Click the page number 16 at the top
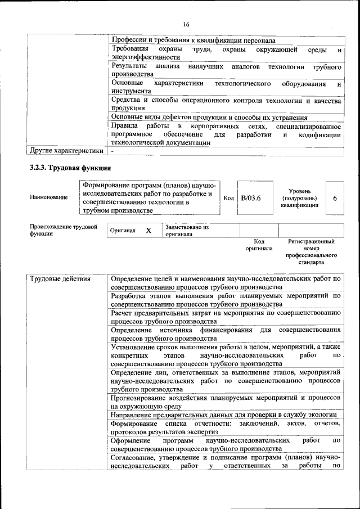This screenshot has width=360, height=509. click(186, 24)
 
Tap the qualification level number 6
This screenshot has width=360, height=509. click(335, 198)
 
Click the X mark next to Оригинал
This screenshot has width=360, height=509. click(148, 231)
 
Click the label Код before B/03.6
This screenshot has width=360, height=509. click(229, 198)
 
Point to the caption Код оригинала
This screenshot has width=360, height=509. click(259, 245)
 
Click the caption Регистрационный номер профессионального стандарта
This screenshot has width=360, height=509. click(310, 251)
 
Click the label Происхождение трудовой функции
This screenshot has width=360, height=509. click(63, 231)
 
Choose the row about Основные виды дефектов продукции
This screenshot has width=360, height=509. click(209, 118)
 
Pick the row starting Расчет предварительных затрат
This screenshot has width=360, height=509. click(226, 317)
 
